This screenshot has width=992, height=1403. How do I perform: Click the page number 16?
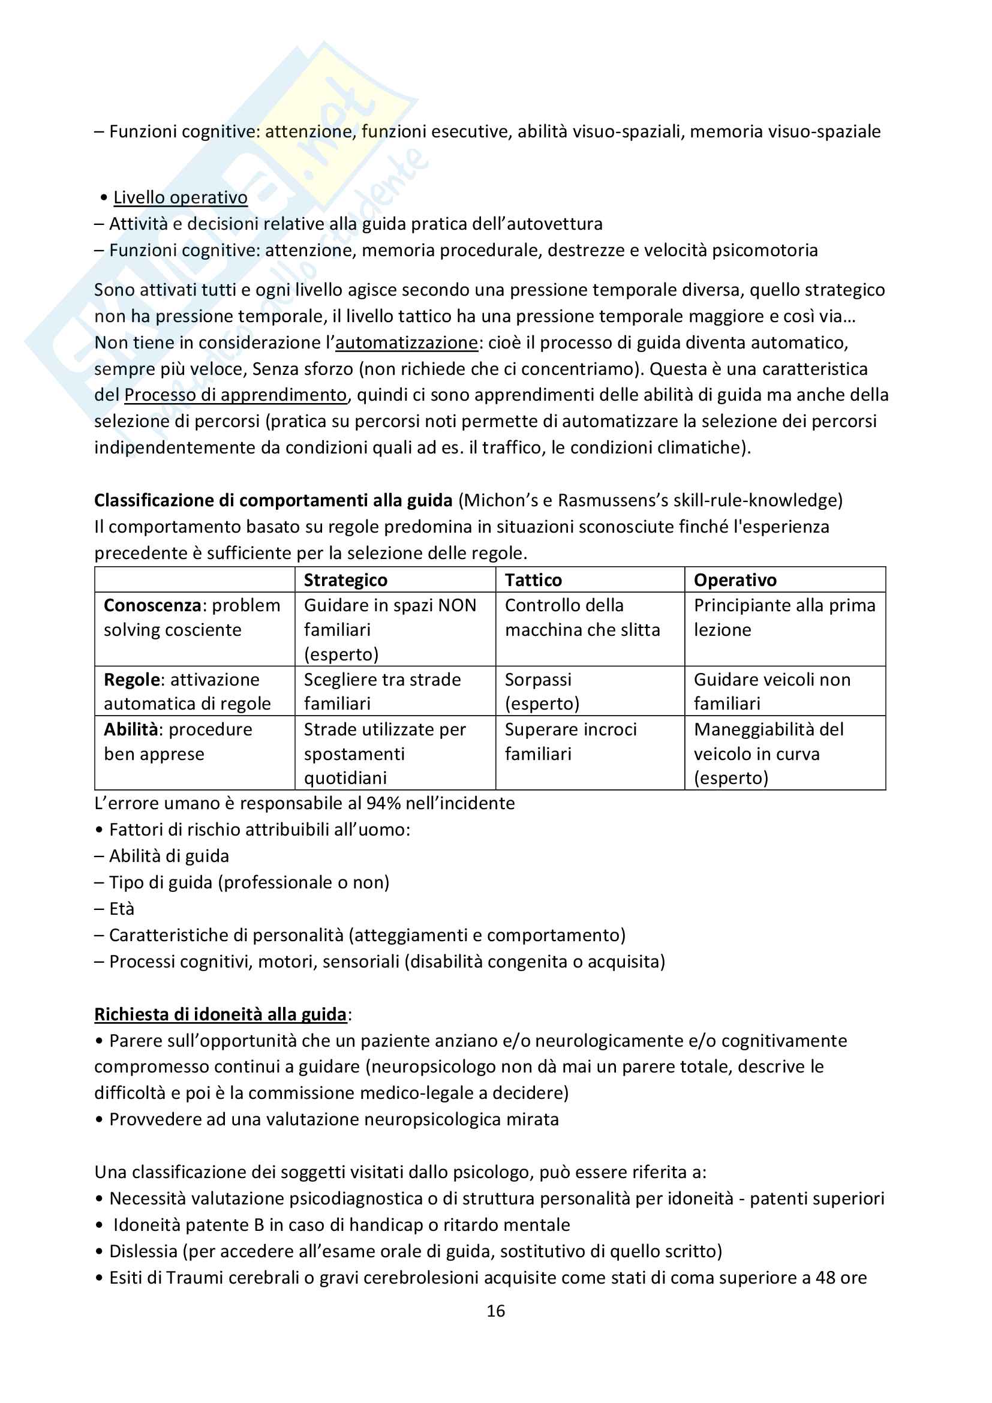click(495, 1311)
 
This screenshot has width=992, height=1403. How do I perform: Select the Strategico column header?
click(345, 580)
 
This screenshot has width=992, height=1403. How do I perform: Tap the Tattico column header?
click(533, 580)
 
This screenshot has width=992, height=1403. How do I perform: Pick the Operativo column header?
click(735, 580)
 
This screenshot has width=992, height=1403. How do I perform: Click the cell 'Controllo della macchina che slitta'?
click(582, 618)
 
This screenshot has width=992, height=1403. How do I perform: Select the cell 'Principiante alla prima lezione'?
click(784, 618)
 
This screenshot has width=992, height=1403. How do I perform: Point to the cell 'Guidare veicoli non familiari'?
click(771, 692)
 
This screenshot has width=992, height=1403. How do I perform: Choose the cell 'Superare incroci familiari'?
click(570, 741)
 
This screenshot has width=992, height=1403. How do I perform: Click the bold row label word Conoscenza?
click(152, 606)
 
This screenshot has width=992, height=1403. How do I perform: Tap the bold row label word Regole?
click(131, 680)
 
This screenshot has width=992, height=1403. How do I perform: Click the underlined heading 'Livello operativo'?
click(180, 197)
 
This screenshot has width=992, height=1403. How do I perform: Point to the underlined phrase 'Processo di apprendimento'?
click(235, 395)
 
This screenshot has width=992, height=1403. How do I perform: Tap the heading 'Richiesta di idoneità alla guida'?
click(221, 1014)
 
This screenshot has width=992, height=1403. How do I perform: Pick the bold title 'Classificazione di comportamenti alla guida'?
click(273, 500)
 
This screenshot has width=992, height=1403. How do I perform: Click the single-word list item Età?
click(122, 909)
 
